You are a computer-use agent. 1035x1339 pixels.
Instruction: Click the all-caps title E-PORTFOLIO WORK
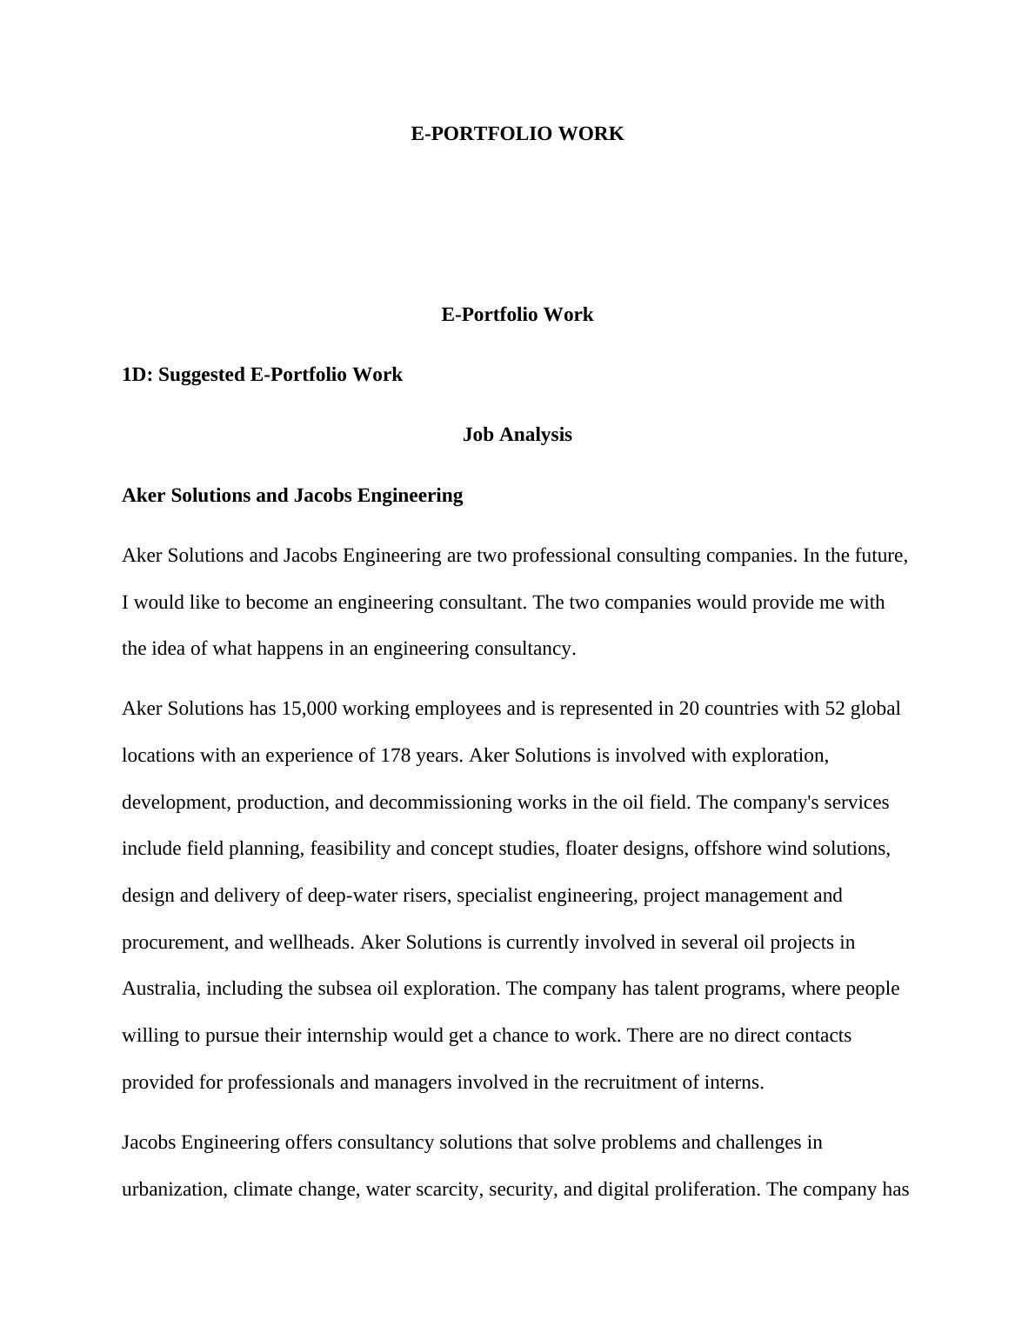[x=517, y=134]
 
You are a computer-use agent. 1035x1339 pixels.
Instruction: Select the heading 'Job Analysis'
[x=517, y=435]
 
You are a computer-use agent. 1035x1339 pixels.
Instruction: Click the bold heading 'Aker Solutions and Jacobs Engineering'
[x=292, y=496]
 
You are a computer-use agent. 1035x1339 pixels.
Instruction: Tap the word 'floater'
[x=592, y=849]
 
